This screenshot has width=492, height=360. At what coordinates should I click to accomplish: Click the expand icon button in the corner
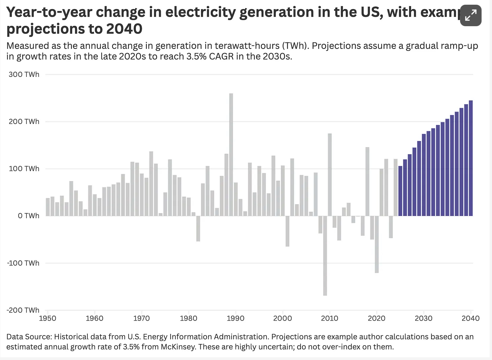click(470, 15)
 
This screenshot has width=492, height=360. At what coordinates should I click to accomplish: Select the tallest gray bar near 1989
click(231, 154)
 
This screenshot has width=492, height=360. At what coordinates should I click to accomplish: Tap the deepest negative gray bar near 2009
click(325, 255)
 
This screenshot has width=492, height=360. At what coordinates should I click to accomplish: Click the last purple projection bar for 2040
click(470, 158)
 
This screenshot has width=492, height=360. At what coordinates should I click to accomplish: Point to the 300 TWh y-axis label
click(24, 75)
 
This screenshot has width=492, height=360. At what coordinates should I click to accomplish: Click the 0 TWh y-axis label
click(29, 216)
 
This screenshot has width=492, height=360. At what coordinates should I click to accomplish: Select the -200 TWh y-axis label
click(23, 310)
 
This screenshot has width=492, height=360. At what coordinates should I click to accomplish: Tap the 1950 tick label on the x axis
click(47, 318)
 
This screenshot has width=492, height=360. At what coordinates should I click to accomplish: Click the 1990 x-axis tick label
click(236, 318)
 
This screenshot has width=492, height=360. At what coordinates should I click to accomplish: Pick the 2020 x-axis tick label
click(376, 318)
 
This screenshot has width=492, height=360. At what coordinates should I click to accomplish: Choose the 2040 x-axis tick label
click(470, 318)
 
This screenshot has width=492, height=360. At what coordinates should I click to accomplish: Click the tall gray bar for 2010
click(330, 175)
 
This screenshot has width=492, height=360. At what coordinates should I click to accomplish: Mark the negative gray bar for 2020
click(377, 244)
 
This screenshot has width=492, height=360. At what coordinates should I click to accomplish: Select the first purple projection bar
click(400, 191)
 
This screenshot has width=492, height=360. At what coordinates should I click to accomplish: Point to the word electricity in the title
click(201, 12)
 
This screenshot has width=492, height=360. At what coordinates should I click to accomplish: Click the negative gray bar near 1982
click(198, 228)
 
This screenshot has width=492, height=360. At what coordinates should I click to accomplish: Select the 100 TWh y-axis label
click(24, 169)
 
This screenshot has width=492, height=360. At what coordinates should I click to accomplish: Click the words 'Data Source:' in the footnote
click(29, 337)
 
